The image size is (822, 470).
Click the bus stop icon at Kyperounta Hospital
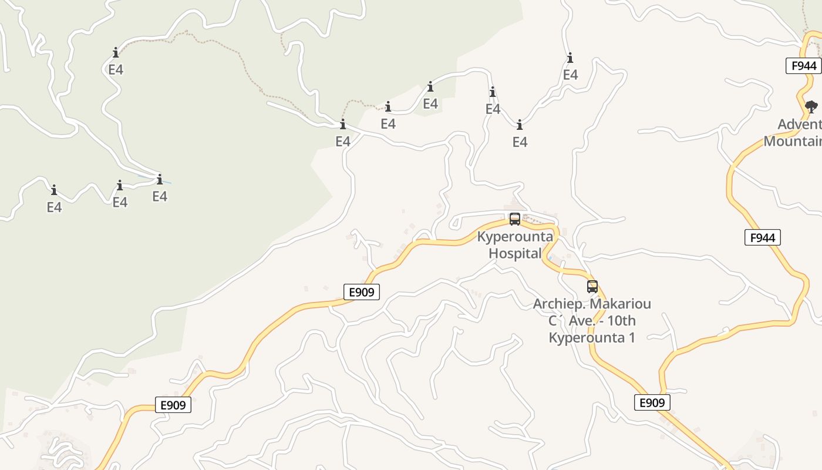tap(515, 219)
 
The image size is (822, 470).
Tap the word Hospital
tap(515, 254)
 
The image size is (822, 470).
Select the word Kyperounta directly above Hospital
tap(515, 237)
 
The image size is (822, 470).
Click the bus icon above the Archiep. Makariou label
tap(592, 287)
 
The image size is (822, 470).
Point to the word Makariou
tap(621, 304)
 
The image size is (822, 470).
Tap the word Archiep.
tap(558, 304)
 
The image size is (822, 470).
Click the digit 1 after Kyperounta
tap(631, 338)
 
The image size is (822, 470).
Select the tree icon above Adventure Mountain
tap(811, 106)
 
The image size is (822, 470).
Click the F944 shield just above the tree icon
tap(803, 66)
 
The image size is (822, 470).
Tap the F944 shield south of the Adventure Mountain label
tap(762, 237)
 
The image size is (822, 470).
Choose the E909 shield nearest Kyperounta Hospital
tap(361, 292)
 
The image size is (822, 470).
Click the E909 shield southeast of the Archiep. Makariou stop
tap(652, 402)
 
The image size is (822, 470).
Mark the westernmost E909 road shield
tap(173, 405)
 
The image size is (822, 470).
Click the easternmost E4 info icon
tap(570, 58)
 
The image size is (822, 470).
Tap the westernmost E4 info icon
tap(54, 190)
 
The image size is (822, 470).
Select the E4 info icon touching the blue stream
tap(159, 179)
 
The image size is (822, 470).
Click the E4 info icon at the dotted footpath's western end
tap(116, 53)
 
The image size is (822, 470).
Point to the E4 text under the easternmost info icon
tap(570, 75)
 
